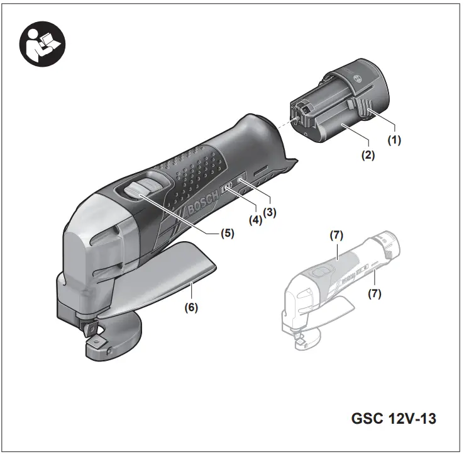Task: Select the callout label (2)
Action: point(368,154)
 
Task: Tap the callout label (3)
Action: point(270,213)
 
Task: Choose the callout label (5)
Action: point(227,233)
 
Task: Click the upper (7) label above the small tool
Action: point(336,236)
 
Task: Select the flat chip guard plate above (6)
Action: point(163,277)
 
